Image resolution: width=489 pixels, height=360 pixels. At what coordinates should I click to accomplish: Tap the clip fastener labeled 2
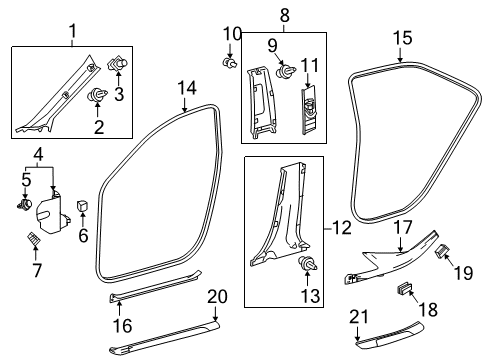101,96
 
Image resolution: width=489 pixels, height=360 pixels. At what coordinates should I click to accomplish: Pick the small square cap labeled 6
81,207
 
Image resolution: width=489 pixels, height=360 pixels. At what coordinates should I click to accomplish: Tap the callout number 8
284,14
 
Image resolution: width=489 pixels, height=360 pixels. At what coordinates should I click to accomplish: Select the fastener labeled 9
287,71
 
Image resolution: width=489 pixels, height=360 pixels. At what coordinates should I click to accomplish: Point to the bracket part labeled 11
310,101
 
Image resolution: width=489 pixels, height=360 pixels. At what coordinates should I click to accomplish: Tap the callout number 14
186,89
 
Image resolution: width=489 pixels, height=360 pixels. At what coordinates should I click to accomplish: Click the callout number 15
401,38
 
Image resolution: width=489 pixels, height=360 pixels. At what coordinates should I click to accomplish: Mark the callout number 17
400,228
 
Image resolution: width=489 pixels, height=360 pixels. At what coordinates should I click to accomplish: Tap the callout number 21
359,345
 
